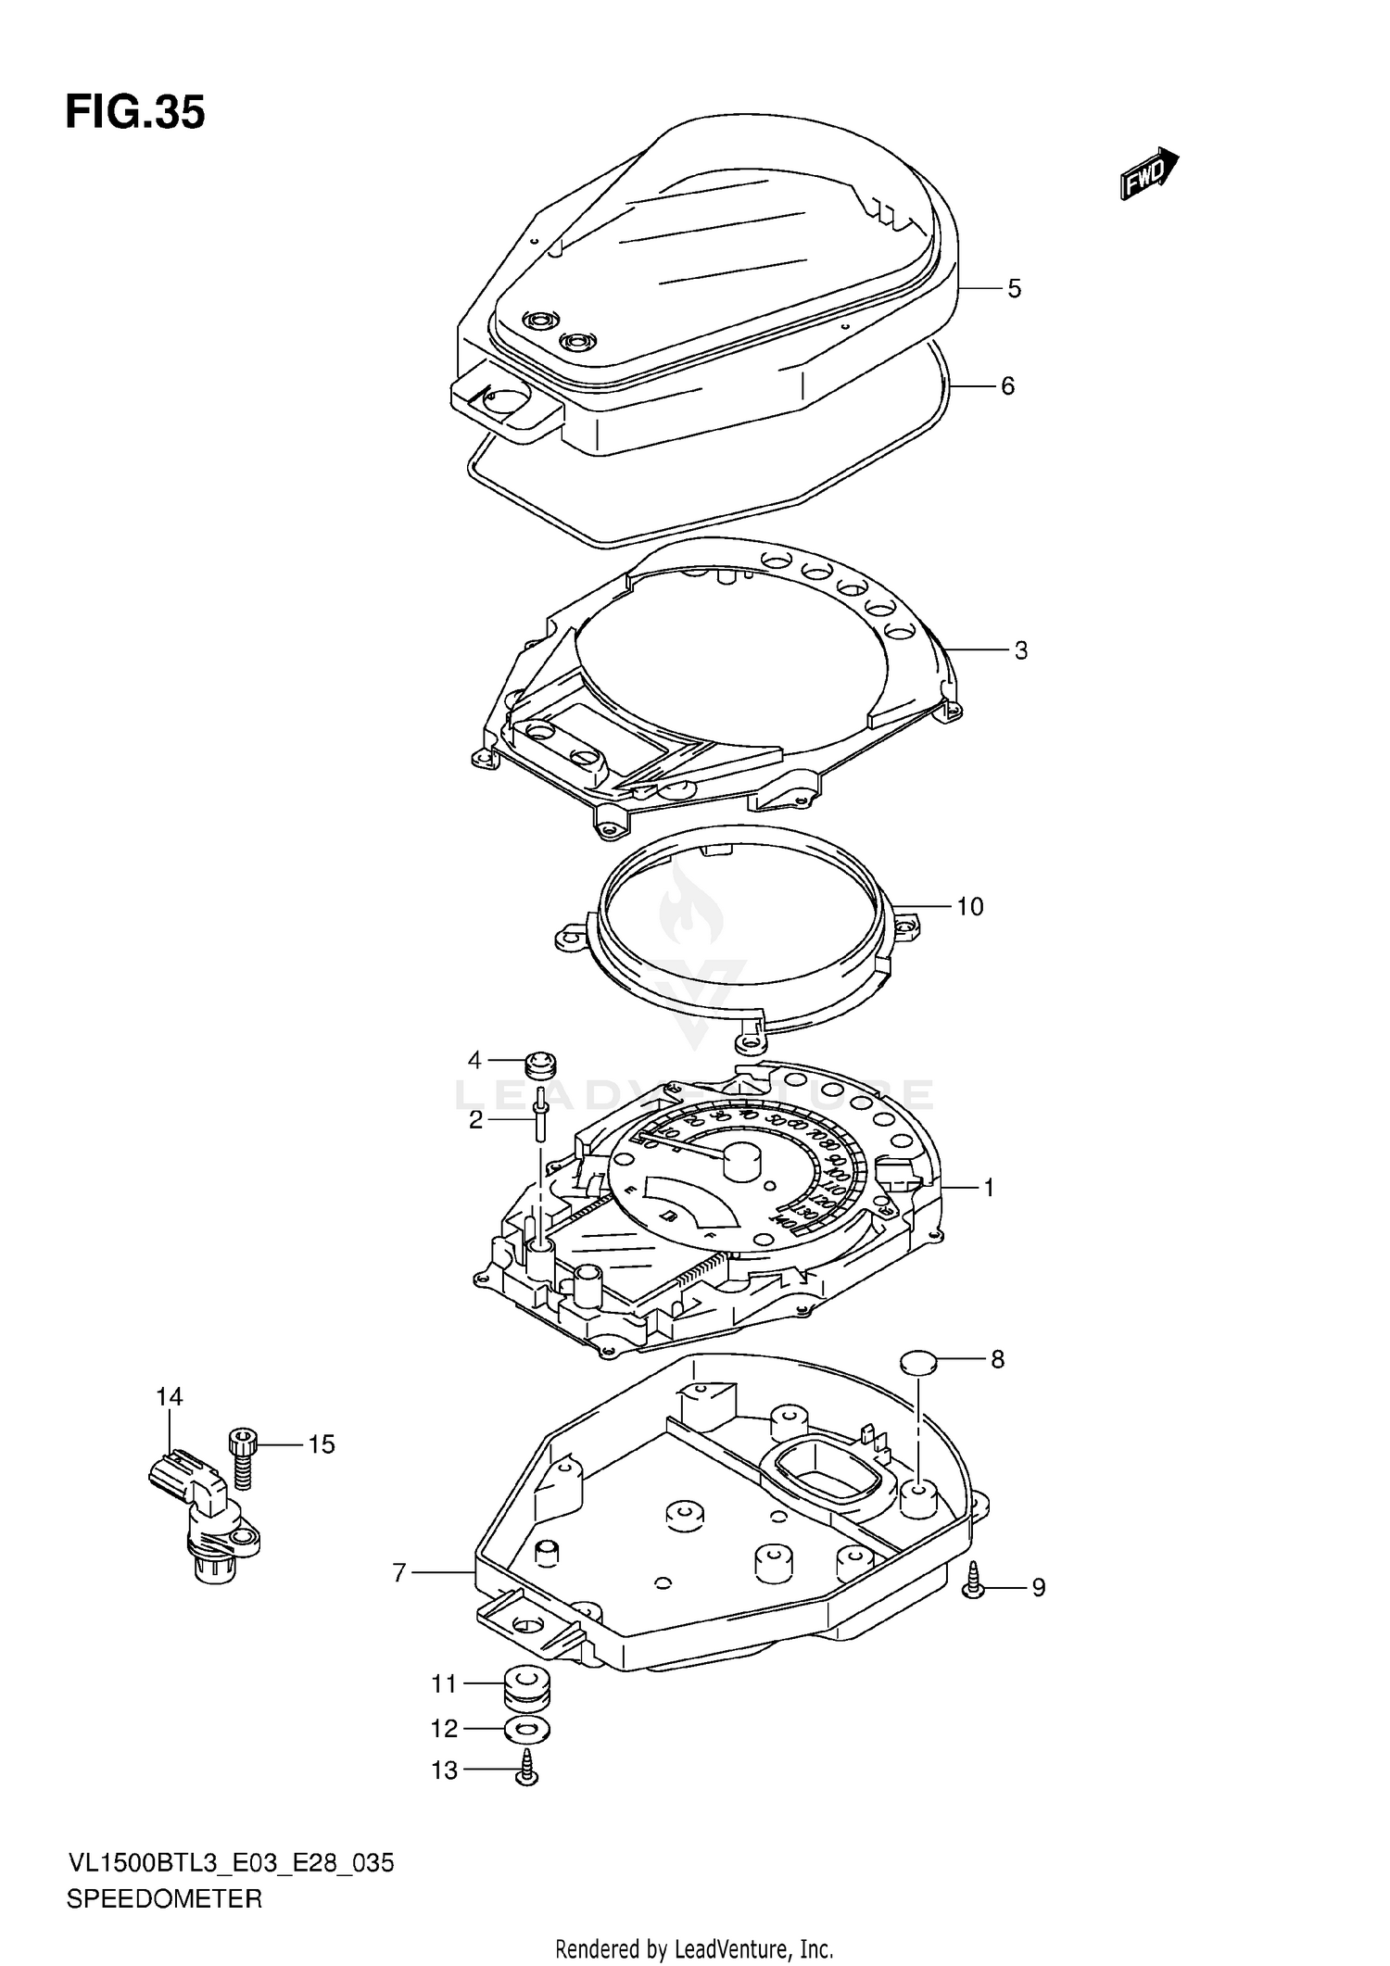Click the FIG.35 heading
pos(135,113)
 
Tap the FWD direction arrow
pos(1148,174)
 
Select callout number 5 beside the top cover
pos(1015,289)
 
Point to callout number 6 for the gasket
pos(1008,385)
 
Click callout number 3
pos(1020,650)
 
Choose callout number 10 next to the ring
pos(969,906)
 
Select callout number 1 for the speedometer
pos(989,1187)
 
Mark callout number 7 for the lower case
pos(399,1572)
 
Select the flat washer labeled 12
pos(524,1729)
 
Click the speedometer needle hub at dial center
pos(742,1160)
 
